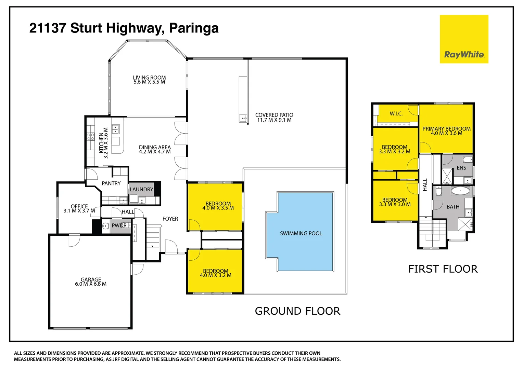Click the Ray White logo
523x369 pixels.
pyautogui.click(x=464, y=39)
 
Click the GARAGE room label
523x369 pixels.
pyautogui.click(x=91, y=279)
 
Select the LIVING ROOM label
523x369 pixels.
pyautogui.click(x=150, y=78)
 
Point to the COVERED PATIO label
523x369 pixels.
pyautogui.click(x=274, y=115)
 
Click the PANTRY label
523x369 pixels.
pyautogui.click(x=111, y=183)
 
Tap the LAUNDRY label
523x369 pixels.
pyautogui.click(x=141, y=190)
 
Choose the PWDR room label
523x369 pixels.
pyautogui.click(x=119, y=225)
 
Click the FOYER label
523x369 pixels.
pyautogui.click(x=170, y=219)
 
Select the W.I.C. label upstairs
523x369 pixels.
pyautogui.click(x=396, y=114)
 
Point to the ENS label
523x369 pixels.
pyautogui.click(x=461, y=168)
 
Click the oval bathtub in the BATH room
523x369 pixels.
pyautogui.click(x=460, y=191)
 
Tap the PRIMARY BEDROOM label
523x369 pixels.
pyautogui.click(x=446, y=129)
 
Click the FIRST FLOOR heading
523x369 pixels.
pyautogui.click(x=443, y=269)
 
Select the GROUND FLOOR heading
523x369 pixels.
pyautogui.click(x=297, y=311)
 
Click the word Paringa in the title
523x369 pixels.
pyautogui.click(x=194, y=28)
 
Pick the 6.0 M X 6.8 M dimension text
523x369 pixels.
pyautogui.click(x=91, y=284)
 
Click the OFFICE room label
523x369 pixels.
pyautogui.click(x=79, y=206)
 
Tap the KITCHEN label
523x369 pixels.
pyautogui.click(x=101, y=143)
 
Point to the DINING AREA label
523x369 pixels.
pyautogui.click(x=155, y=147)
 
